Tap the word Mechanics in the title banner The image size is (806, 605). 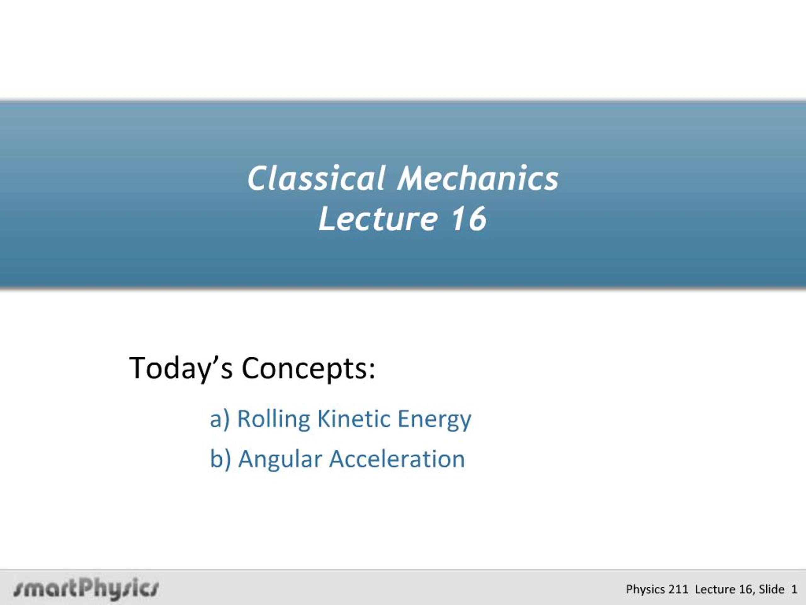(x=478, y=178)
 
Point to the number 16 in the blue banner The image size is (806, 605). (x=469, y=218)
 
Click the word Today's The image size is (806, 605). (x=181, y=369)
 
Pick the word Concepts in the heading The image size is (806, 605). (x=308, y=368)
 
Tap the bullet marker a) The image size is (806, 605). (x=220, y=419)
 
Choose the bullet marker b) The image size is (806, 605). (x=220, y=459)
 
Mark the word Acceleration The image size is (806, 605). (x=397, y=459)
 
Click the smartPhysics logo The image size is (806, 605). (x=86, y=588)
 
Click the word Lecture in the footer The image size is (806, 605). (x=715, y=589)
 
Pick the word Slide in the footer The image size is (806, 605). (x=771, y=589)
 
